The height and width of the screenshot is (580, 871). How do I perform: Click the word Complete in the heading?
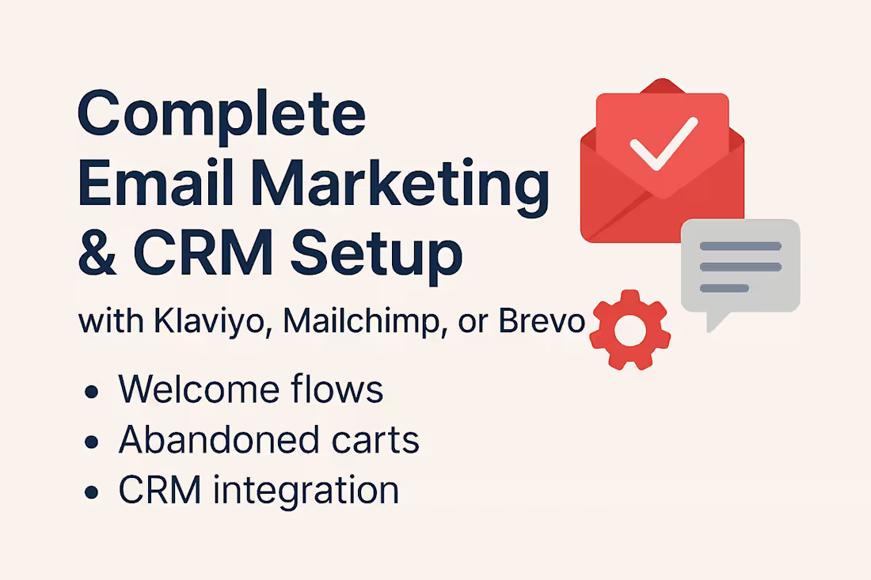222,116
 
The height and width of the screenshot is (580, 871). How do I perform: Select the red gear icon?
630,329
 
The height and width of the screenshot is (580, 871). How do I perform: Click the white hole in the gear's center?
630,330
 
